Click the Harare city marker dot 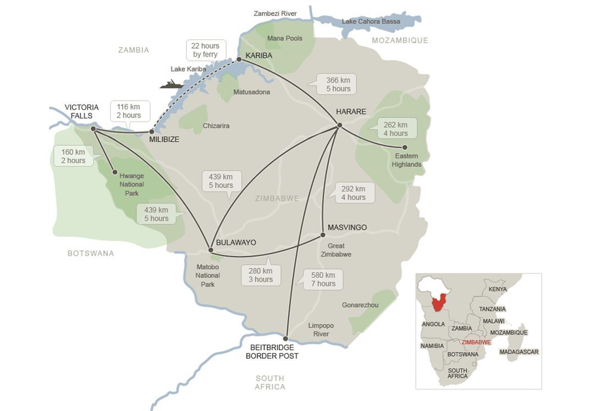point(339,125)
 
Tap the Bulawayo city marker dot point(211,250)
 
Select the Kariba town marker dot point(239,59)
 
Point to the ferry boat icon point(172,84)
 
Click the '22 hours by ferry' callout point(205,50)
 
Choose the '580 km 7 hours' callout point(322,280)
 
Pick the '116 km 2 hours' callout point(128,111)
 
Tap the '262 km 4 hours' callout point(395,129)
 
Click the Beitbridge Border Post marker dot point(285,338)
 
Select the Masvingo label point(347,227)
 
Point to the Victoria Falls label point(81,111)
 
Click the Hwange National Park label point(131,183)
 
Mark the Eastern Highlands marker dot point(405,147)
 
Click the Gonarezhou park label point(360,305)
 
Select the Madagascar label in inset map point(519,352)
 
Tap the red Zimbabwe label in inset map point(476,342)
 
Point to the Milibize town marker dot point(152,131)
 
